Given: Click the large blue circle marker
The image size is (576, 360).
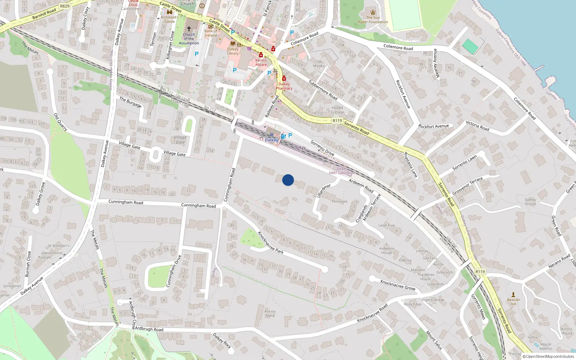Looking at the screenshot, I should point(288,180).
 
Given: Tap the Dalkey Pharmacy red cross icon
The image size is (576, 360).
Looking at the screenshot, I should point(284,78).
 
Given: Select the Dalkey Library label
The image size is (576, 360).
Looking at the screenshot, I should point(233,51).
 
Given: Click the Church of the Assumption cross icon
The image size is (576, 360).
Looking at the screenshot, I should point(189,28).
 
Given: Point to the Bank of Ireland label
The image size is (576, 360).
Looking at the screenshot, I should point(211,33).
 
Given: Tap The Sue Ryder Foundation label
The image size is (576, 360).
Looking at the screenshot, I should point(373,19).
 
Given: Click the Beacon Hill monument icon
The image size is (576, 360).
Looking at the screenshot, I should point(513,294).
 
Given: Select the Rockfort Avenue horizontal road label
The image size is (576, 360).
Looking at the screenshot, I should point(433,126).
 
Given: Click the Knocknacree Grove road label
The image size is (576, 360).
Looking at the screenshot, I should point(398,285).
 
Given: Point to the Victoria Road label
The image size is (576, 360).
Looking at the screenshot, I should point(477,126).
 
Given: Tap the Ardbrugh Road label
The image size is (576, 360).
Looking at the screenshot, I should point(149,329).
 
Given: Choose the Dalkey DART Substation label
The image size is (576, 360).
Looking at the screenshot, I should point(342,171).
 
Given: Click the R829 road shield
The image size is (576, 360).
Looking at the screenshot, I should point(65,6).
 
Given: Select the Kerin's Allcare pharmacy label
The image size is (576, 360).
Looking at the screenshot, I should point(261,62).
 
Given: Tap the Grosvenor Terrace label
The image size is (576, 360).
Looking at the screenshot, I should point(467,185).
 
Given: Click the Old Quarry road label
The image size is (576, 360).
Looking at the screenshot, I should point(60,122).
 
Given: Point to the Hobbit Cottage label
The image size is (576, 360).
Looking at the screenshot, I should point(338,110).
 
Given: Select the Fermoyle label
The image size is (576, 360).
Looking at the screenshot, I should point(339,202).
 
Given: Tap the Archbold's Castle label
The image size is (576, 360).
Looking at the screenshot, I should point(170,19).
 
